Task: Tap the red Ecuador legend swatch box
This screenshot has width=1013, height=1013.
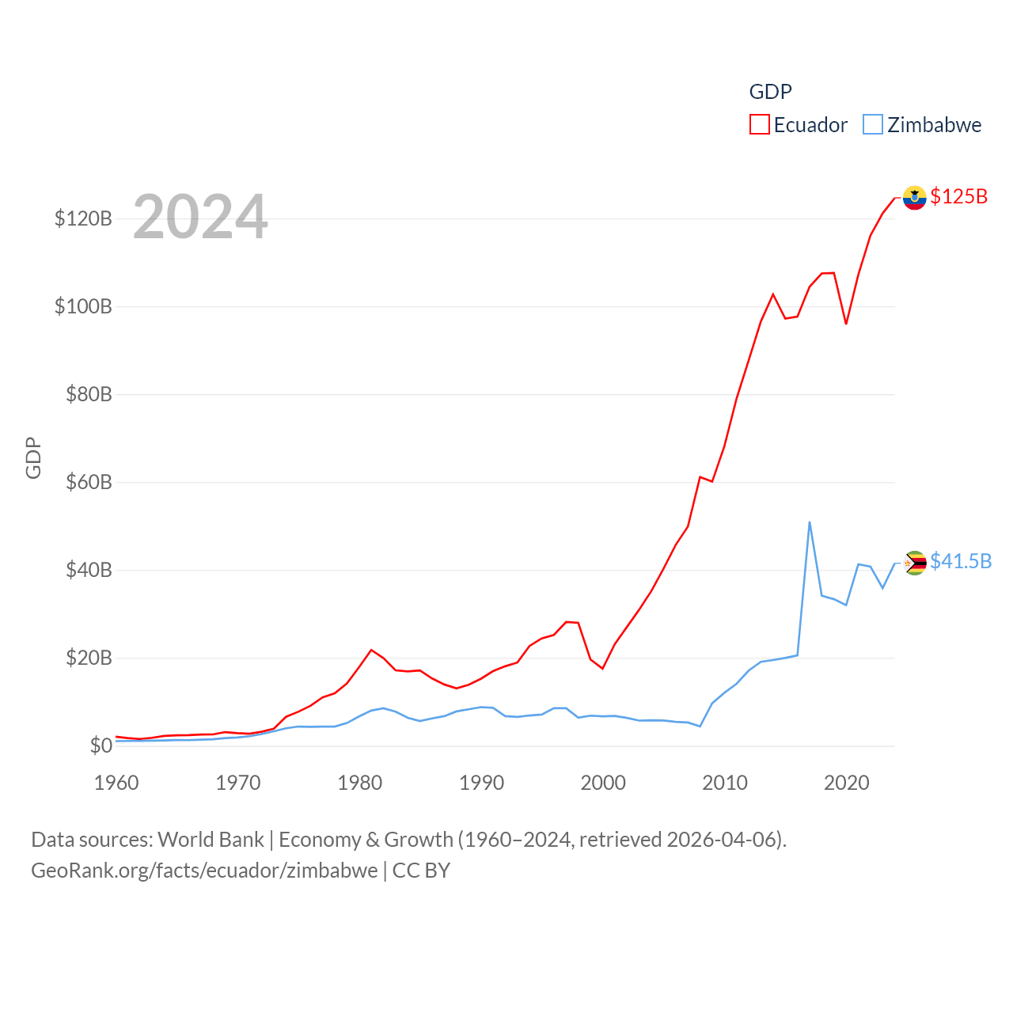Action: pos(760,125)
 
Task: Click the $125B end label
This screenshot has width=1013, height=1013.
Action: pos(958,196)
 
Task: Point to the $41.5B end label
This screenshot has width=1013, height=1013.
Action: pos(961,561)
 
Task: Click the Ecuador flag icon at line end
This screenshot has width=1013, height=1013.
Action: pos(915,198)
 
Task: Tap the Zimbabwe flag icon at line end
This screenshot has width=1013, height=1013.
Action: pos(915,563)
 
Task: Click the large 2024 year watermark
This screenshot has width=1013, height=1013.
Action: pos(200,217)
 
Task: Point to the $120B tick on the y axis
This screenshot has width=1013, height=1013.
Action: pos(83,218)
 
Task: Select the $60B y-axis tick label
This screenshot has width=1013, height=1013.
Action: pos(89,482)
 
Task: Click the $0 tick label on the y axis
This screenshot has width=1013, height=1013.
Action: pos(101,746)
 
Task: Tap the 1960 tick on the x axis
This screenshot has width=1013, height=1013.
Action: pos(116,783)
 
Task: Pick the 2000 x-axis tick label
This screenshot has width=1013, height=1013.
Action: pos(603,783)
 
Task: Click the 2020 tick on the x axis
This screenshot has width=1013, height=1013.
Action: pos(847,783)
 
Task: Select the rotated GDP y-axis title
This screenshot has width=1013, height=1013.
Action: pos(33,458)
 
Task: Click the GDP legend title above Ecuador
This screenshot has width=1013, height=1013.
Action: pos(770,92)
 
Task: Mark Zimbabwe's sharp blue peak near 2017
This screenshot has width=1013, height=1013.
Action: pos(810,522)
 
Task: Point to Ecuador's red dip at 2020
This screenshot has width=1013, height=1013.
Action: pos(846,324)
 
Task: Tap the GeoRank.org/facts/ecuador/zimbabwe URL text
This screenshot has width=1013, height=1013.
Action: pos(204,871)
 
